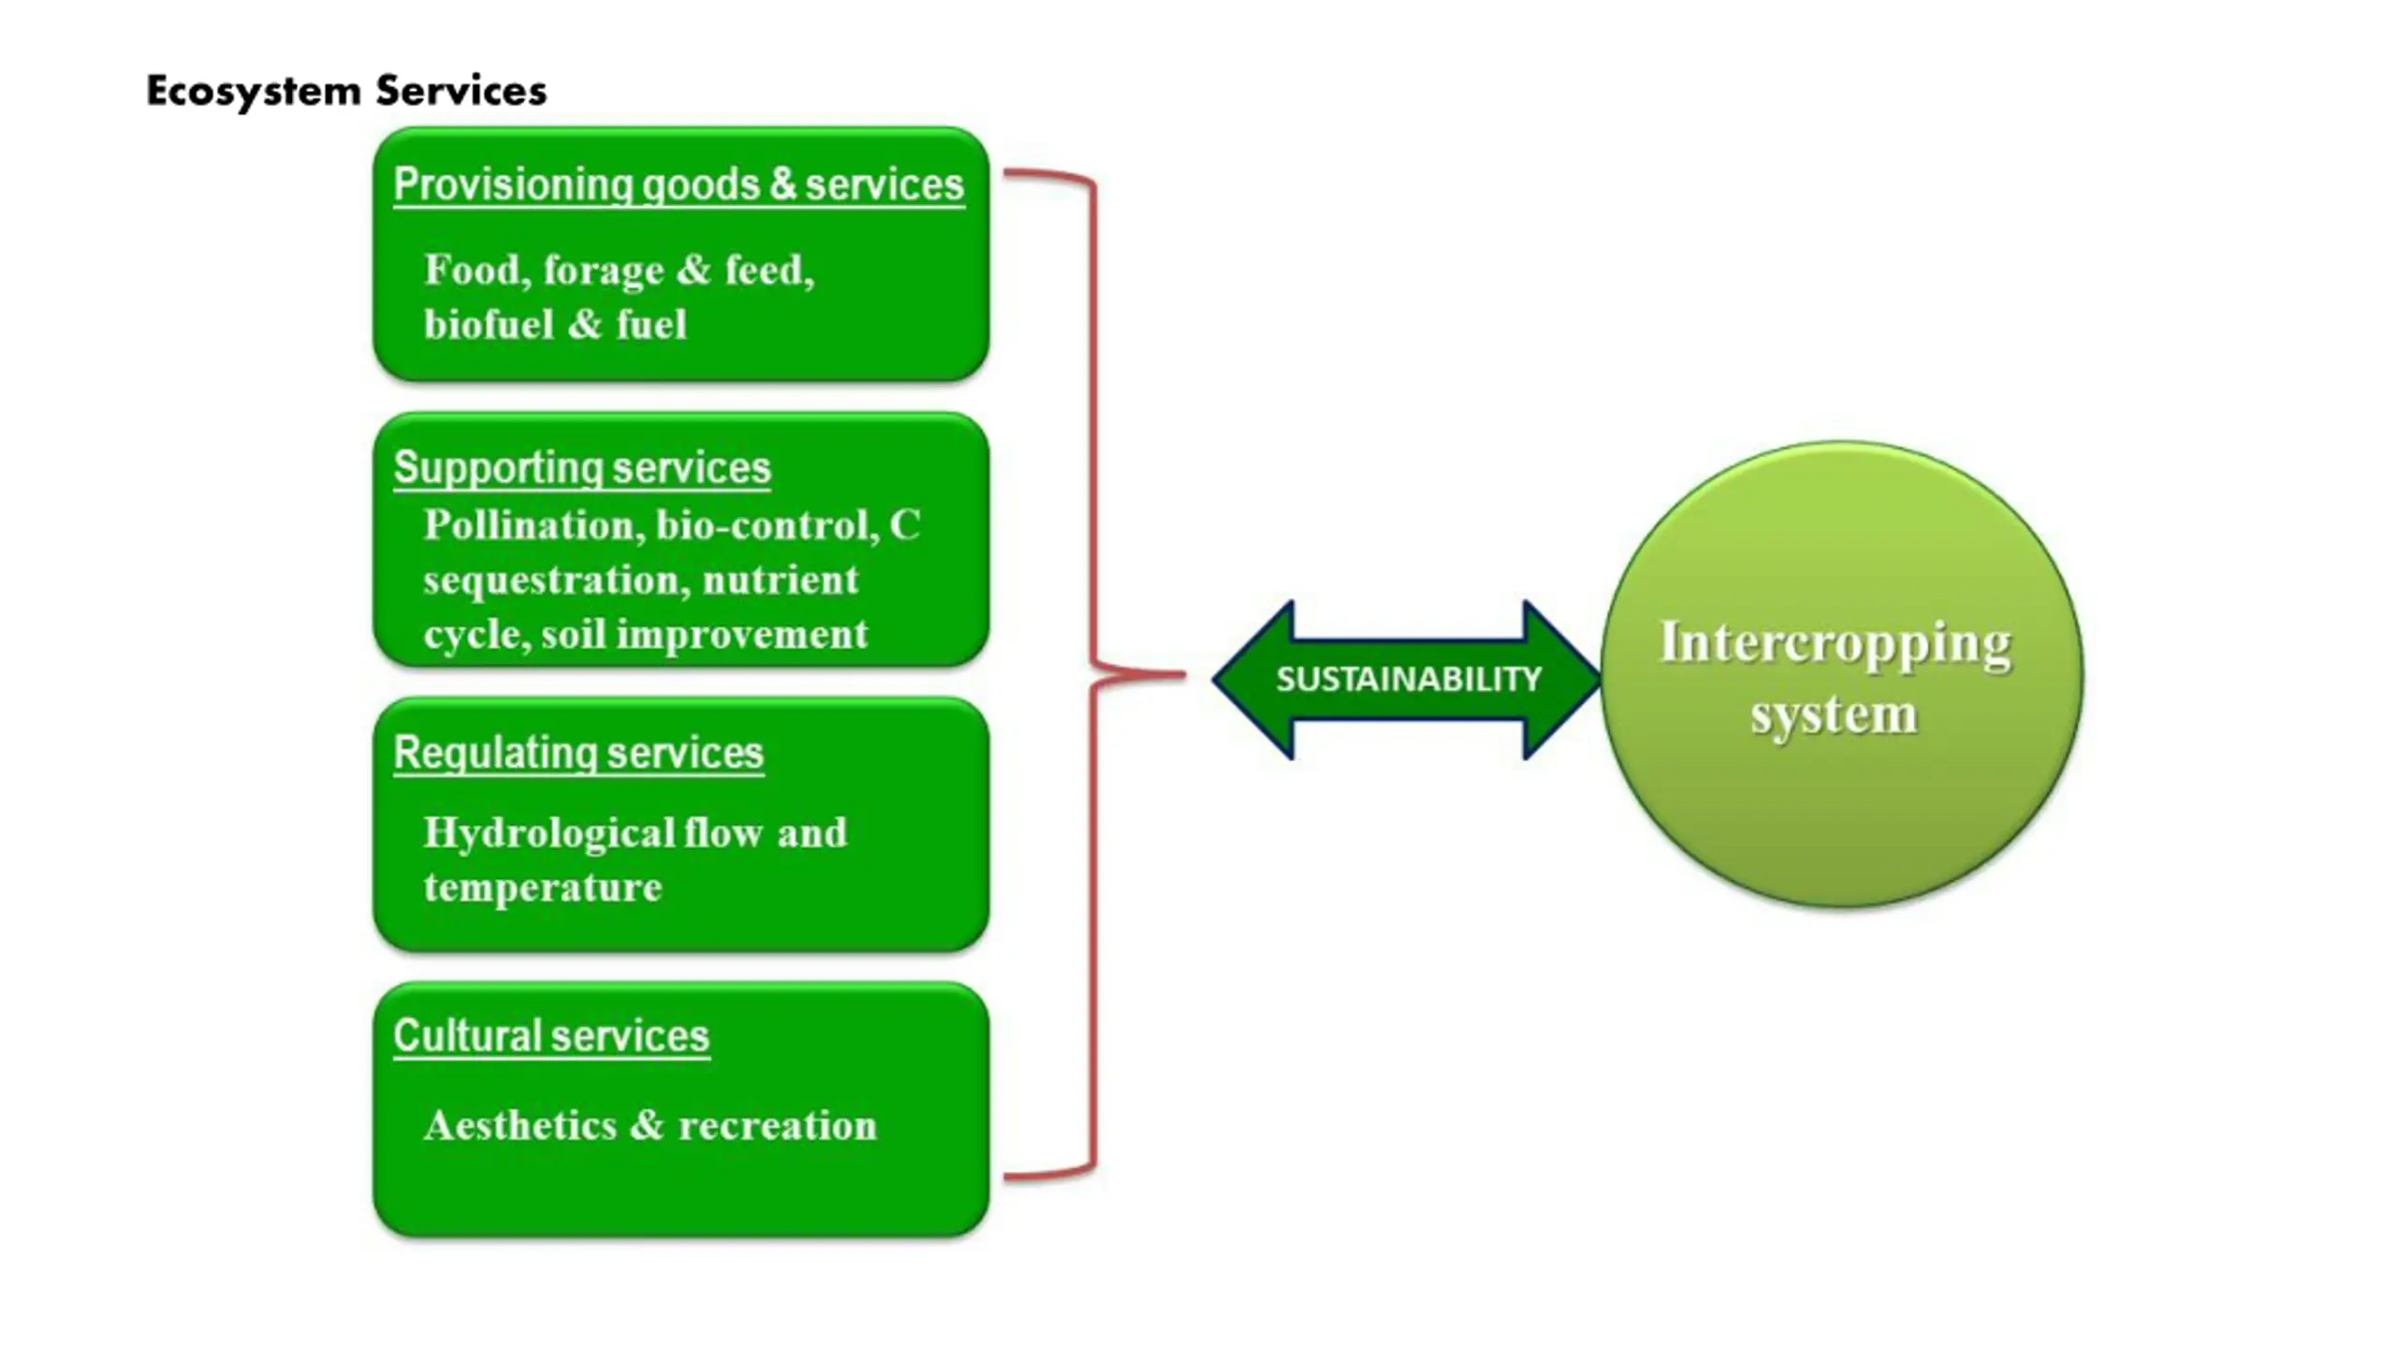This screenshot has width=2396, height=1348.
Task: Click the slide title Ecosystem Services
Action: click(346, 92)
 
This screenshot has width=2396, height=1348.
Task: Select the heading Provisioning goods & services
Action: click(679, 184)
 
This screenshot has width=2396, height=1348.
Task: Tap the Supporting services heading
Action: click(582, 468)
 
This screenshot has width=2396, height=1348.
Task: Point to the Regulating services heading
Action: click(578, 753)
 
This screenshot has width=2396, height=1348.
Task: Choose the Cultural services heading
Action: click(551, 1036)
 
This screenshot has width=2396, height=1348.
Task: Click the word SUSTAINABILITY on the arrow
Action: click(1409, 679)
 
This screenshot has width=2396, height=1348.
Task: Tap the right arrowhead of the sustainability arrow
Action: click(1562, 680)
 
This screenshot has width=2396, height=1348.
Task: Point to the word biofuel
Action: click(489, 324)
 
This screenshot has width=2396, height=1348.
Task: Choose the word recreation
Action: click(778, 1125)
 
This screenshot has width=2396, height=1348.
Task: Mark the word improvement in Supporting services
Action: click(742, 636)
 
